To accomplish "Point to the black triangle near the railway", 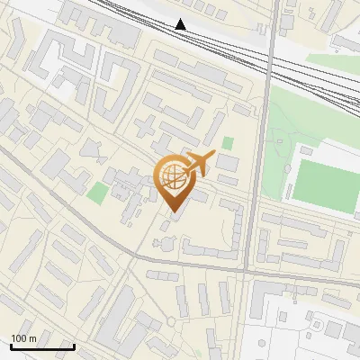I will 181,24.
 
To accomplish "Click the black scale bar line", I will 41,346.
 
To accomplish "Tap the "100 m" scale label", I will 24,338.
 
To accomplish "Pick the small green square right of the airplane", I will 228,143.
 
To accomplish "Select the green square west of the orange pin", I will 97,192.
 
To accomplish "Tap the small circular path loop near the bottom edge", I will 170,321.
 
